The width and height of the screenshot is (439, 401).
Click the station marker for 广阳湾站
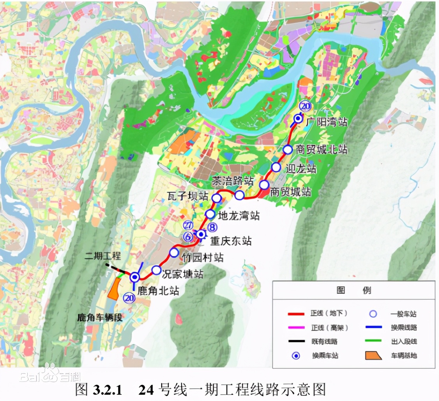pos(298,119)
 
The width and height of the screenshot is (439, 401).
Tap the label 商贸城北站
pos(321,150)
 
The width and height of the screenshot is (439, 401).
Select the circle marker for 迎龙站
pos(276,167)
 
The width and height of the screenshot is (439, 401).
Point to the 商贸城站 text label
pos(290,192)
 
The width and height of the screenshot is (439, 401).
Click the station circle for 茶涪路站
pos(239,195)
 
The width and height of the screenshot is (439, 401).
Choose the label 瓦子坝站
pos(187,195)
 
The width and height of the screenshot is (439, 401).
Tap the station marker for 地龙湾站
pos(210,214)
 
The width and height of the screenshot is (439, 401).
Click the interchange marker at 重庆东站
pos(201,234)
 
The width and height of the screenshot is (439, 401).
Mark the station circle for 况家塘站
pos(156,270)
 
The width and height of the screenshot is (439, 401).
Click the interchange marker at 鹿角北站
pos(135,277)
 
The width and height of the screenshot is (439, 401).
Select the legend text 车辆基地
pos(404,355)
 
